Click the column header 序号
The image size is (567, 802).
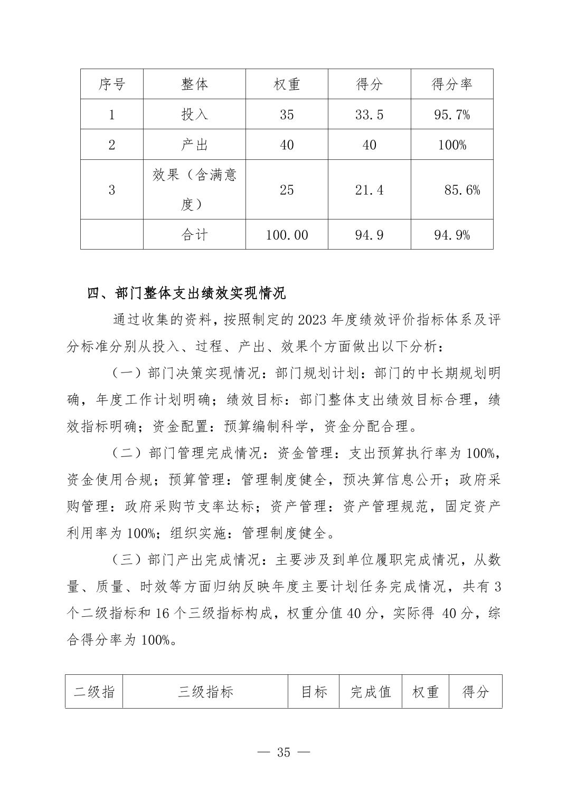click(x=111, y=84)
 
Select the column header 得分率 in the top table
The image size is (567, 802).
click(x=451, y=84)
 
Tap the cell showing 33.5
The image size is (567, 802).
click(x=369, y=114)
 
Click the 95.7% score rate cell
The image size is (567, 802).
click(x=451, y=114)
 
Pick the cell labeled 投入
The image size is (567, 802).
click(x=194, y=114)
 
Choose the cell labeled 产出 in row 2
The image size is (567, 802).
click(x=194, y=145)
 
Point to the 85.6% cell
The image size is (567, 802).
click(x=462, y=190)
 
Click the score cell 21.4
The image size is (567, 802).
click(x=369, y=190)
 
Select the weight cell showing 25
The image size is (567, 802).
click(x=287, y=190)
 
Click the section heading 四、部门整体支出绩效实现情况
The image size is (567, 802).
click(x=186, y=293)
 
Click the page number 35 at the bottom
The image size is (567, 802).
click(x=283, y=752)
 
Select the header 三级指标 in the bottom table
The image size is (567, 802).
click(x=205, y=692)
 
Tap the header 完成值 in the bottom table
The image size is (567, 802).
click(x=370, y=692)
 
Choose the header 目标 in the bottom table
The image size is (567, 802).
click(x=314, y=692)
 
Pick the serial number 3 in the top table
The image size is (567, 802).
click(x=111, y=190)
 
